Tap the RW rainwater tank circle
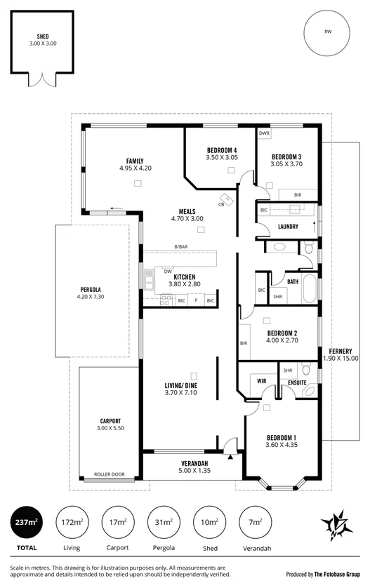point(327,32)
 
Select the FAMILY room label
point(135,161)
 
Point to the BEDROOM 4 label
point(222,150)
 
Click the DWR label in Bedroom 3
point(264,133)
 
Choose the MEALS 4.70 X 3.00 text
point(187,215)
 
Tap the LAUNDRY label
point(288,227)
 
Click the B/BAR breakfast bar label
point(182,246)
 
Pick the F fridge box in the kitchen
point(196,300)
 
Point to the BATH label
point(293,282)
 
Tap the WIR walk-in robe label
point(262,381)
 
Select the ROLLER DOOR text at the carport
point(108,474)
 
